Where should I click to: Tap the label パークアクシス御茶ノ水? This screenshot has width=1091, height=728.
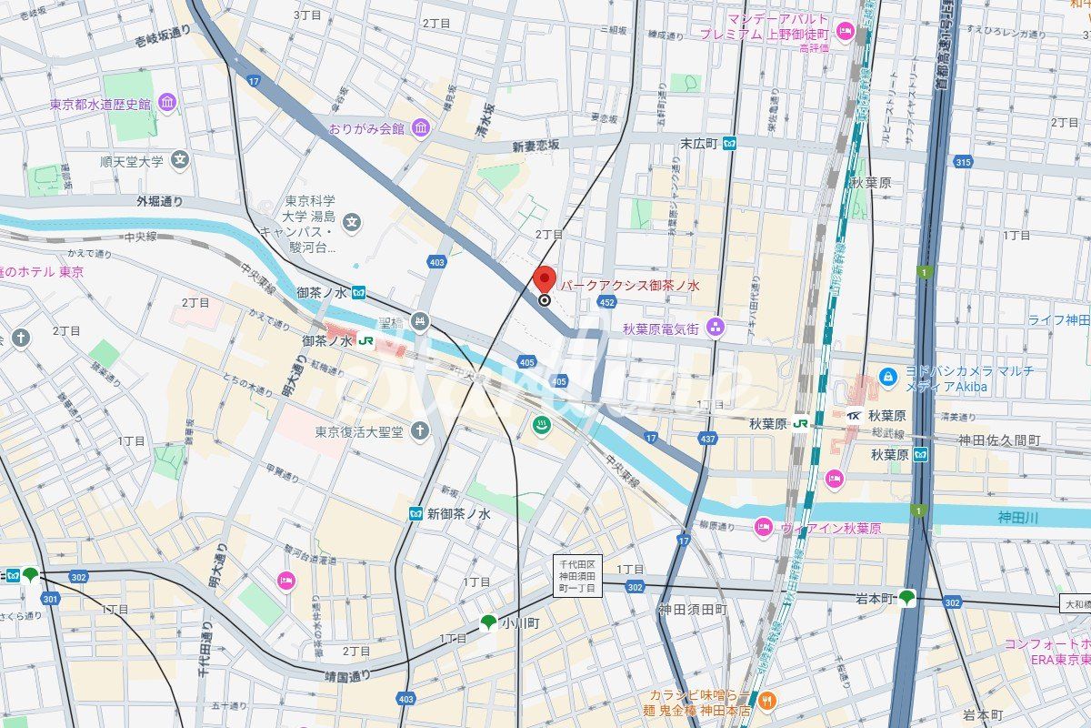[630, 285]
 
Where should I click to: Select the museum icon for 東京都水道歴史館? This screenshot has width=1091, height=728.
[167, 104]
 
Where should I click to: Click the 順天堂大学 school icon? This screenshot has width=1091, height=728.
[180, 161]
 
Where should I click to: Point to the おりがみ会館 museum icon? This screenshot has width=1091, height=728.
[419, 128]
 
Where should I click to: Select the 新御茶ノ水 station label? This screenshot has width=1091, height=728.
[459, 514]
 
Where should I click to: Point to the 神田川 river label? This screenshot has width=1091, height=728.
[1017, 518]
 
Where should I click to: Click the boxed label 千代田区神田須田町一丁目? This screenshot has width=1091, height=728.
[577, 575]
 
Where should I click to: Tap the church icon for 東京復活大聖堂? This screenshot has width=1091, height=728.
[419, 430]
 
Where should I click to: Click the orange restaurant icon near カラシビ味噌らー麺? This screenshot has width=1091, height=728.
[769, 700]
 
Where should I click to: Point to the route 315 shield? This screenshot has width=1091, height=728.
[964, 161]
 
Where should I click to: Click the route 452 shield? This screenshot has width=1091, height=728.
[606, 302]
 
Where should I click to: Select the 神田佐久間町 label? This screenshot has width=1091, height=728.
[998, 440]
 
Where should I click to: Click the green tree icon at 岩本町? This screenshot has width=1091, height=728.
[906, 598]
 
